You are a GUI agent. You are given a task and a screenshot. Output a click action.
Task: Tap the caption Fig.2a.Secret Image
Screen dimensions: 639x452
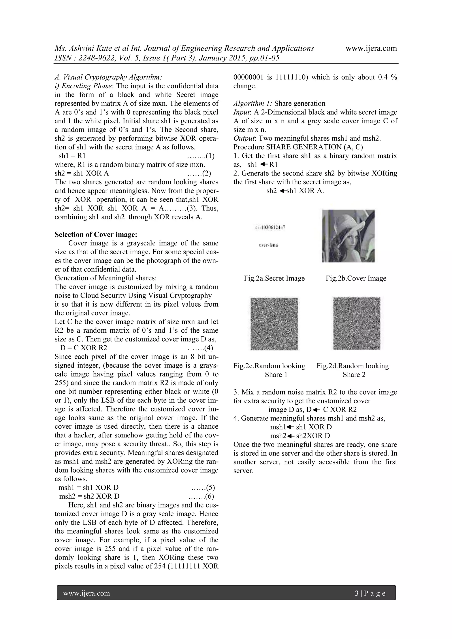point(274,278)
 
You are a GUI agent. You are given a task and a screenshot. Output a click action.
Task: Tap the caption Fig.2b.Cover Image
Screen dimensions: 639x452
point(356,278)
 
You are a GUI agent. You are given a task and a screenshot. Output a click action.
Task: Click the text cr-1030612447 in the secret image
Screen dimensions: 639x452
point(270,227)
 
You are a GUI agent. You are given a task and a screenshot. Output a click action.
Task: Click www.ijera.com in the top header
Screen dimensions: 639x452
point(371,48)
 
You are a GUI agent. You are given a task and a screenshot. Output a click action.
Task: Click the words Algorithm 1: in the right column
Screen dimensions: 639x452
point(253,104)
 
